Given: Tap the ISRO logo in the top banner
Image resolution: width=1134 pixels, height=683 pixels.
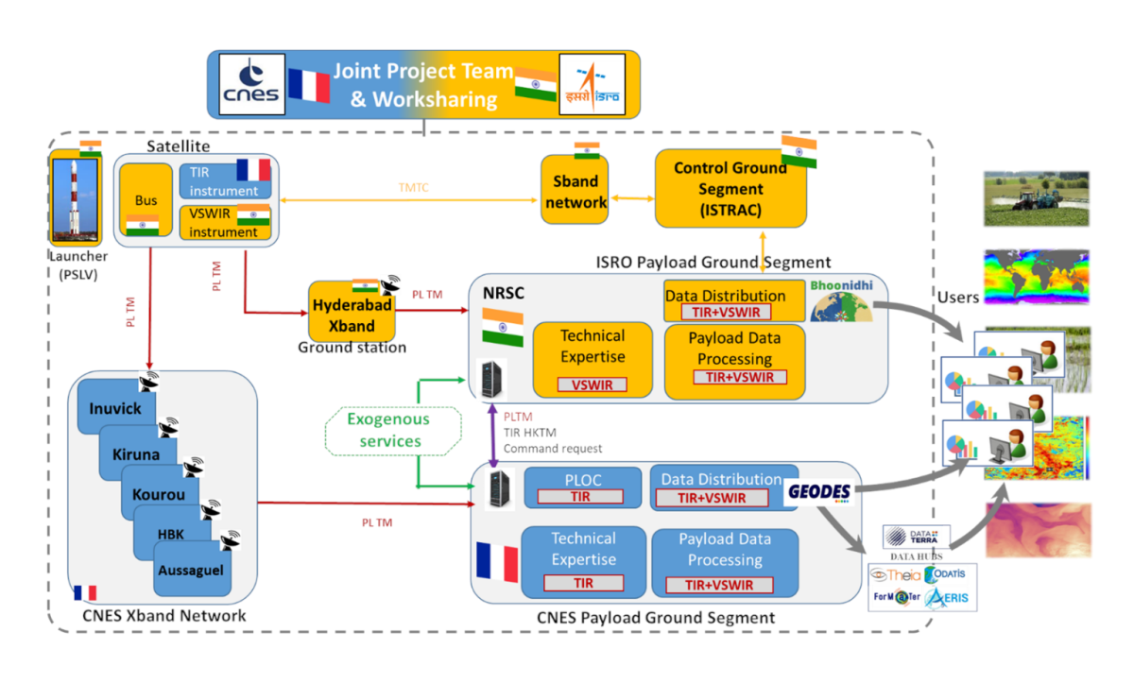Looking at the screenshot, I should (591, 85).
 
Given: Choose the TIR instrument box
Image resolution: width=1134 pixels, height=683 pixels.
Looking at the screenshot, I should (225, 179).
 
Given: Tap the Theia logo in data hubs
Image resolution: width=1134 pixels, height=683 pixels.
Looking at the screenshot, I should (893, 573).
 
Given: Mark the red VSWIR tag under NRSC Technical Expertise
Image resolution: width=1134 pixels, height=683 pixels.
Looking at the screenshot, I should (593, 384).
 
